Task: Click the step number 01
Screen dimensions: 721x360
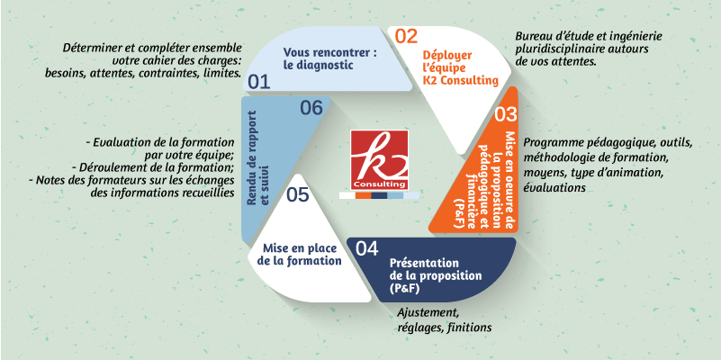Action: (x=259, y=82)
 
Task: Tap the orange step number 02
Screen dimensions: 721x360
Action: (x=406, y=36)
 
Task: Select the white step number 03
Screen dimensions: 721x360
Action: (x=506, y=114)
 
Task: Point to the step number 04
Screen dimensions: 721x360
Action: (x=367, y=248)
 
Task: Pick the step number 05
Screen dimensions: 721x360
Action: (x=298, y=195)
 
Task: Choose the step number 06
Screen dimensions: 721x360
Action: (x=311, y=109)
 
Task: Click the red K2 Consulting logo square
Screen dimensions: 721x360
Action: (x=379, y=159)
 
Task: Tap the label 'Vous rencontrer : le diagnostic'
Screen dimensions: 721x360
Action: (x=330, y=58)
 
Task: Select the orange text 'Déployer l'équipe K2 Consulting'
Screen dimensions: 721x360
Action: (x=460, y=68)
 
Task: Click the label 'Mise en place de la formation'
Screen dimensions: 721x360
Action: (x=302, y=255)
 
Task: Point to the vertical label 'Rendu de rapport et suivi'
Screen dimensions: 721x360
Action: (x=257, y=157)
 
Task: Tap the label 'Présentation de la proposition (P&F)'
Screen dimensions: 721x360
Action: (x=436, y=276)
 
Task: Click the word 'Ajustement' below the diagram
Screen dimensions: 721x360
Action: (x=428, y=313)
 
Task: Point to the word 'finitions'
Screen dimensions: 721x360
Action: (x=471, y=328)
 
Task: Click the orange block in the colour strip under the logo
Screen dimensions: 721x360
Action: (x=364, y=195)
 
